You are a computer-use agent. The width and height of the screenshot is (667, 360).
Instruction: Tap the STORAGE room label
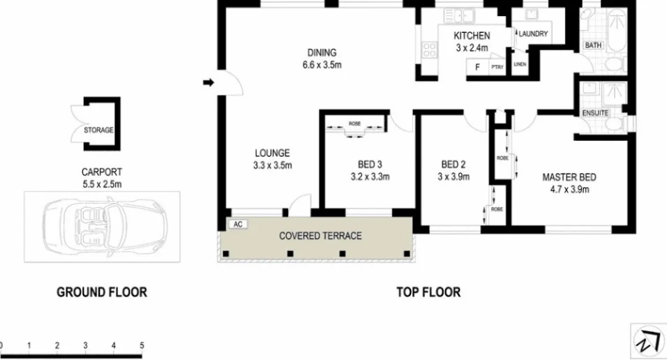click(x=99, y=130)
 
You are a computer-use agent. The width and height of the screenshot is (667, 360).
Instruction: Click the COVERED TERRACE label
click(x=320, y=236)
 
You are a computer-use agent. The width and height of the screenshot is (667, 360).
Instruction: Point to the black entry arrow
click(x=208, y=83)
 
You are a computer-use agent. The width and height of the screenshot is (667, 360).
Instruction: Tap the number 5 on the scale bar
click(x=142, y=345)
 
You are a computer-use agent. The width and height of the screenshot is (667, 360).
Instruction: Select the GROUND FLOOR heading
click(x=102, y=292)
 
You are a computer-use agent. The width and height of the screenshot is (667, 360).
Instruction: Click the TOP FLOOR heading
click(x=428, y=292)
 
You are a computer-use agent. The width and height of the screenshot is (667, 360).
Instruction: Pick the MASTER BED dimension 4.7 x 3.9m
click(x=569, y=189)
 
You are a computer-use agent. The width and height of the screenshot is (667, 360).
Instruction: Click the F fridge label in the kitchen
click(x=477, y=67)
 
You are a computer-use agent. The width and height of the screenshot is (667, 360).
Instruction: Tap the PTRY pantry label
click(x=497, y=68)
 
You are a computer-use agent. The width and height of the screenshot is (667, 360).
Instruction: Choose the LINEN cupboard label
click(x=520, y=65)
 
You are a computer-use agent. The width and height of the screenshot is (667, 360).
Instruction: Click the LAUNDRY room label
click(x=533, y=33)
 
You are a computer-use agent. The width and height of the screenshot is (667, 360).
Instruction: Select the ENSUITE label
click(x=594, y=113)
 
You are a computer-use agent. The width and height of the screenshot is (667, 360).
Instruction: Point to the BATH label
click(x=593, y=45)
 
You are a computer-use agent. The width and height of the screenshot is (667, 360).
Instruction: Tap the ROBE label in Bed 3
click(x=355, y=122)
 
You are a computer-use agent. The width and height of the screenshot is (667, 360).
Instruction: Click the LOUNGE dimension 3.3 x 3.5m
click(x=272, y=166)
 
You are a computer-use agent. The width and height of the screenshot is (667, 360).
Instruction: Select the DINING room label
click(x=322, y=52)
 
